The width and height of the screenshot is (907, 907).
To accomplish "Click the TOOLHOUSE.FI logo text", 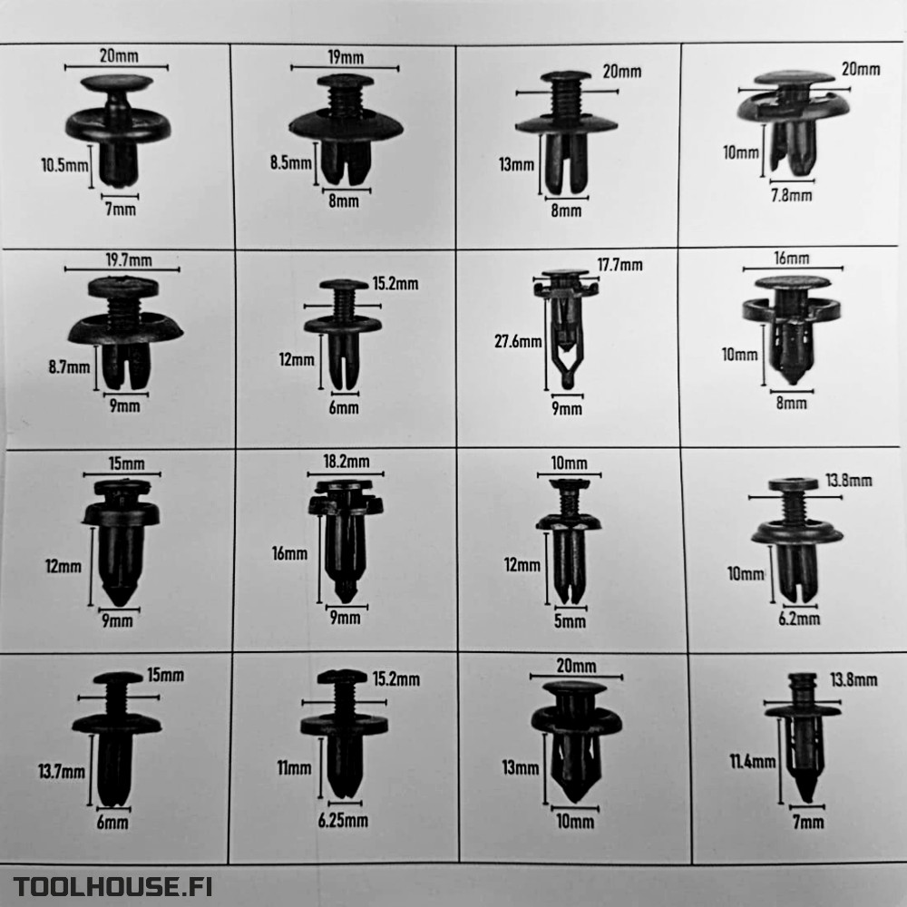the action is click(x=112, y=885).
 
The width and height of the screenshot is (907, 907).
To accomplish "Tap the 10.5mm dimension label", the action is click(x=64, y=165).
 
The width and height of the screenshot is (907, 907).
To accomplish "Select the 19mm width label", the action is click(x=346, y=57).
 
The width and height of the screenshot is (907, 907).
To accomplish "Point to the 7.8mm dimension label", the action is click(x=791, y=195).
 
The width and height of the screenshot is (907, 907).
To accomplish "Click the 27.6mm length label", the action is click(x=518, y=341).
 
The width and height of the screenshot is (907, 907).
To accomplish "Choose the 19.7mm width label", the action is click(x=129, y=259).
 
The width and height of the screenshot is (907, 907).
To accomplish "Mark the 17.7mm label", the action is click(x=619, y=265).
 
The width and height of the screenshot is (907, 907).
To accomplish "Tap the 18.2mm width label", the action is click(x=346, y=461).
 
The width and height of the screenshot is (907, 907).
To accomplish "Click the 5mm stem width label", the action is click(x=570, y=621).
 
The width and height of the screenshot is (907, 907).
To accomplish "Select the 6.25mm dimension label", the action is click(x=343, y=820).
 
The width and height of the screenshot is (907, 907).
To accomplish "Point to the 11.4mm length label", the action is click(x=753, y=761).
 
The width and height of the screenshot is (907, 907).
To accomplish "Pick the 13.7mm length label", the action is click(x=62, y=771).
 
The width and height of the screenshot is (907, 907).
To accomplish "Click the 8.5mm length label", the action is click(x=291, y=162).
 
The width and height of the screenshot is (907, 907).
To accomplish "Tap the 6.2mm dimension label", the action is click(x=799, y=619).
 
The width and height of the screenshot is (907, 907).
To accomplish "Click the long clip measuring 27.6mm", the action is click(x=566, y=327).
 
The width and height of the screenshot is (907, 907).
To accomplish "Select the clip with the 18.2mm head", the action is click(x=346, y=540).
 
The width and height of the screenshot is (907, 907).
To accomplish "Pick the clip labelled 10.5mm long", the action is click(x=118, y=130).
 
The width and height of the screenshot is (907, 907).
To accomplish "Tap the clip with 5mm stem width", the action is click(x=570, y=541).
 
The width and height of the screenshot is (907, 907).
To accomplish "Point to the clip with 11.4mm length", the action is click(x=803, y=737).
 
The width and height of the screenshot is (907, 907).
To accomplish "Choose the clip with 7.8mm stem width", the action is click(x=794, y=123).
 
